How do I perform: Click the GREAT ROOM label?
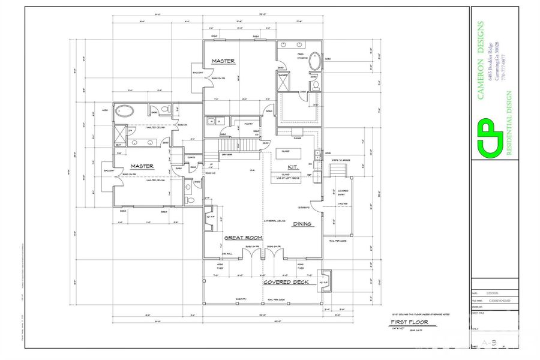(244, 238)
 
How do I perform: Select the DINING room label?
(301, 224)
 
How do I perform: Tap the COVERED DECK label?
(286, 282)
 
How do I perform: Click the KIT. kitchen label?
(293, 167)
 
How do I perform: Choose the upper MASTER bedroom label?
(223, 61)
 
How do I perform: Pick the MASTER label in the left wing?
(142, 166)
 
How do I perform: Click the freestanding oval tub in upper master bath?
(315, 62)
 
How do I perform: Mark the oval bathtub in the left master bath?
(125, 110)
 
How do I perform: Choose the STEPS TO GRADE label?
(340, 160)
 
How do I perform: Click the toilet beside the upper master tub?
(313, 79)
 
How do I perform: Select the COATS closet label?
(191, 158)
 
